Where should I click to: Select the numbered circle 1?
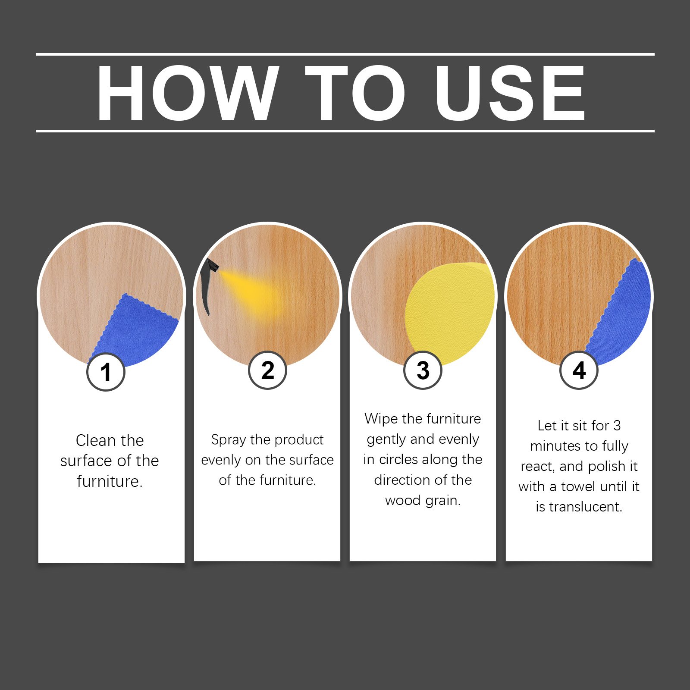pos(106,372)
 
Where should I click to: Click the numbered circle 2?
pos(267,370)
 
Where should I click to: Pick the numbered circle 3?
pos(423,370)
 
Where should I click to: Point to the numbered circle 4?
pos(579,370)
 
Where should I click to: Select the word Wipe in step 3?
pos(381,419)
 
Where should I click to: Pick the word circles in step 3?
pos(399,459)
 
